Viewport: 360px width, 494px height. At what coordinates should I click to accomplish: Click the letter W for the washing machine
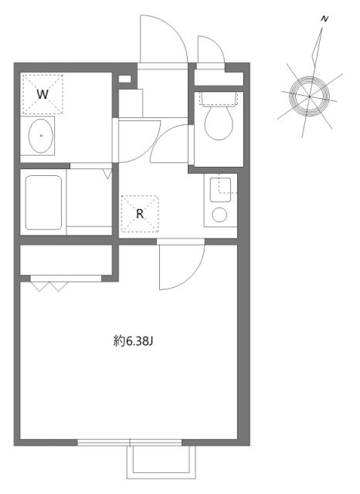pos(44,93)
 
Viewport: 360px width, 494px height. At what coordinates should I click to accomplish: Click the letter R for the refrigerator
pos(140,214)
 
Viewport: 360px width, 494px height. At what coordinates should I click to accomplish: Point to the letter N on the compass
pos(325,17)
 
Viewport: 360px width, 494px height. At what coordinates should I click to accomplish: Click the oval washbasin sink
pos(40,137)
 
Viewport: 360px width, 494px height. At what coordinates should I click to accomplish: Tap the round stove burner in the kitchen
pos(219,214)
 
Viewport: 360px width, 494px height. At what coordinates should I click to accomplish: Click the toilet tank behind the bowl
pos(218,97)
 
